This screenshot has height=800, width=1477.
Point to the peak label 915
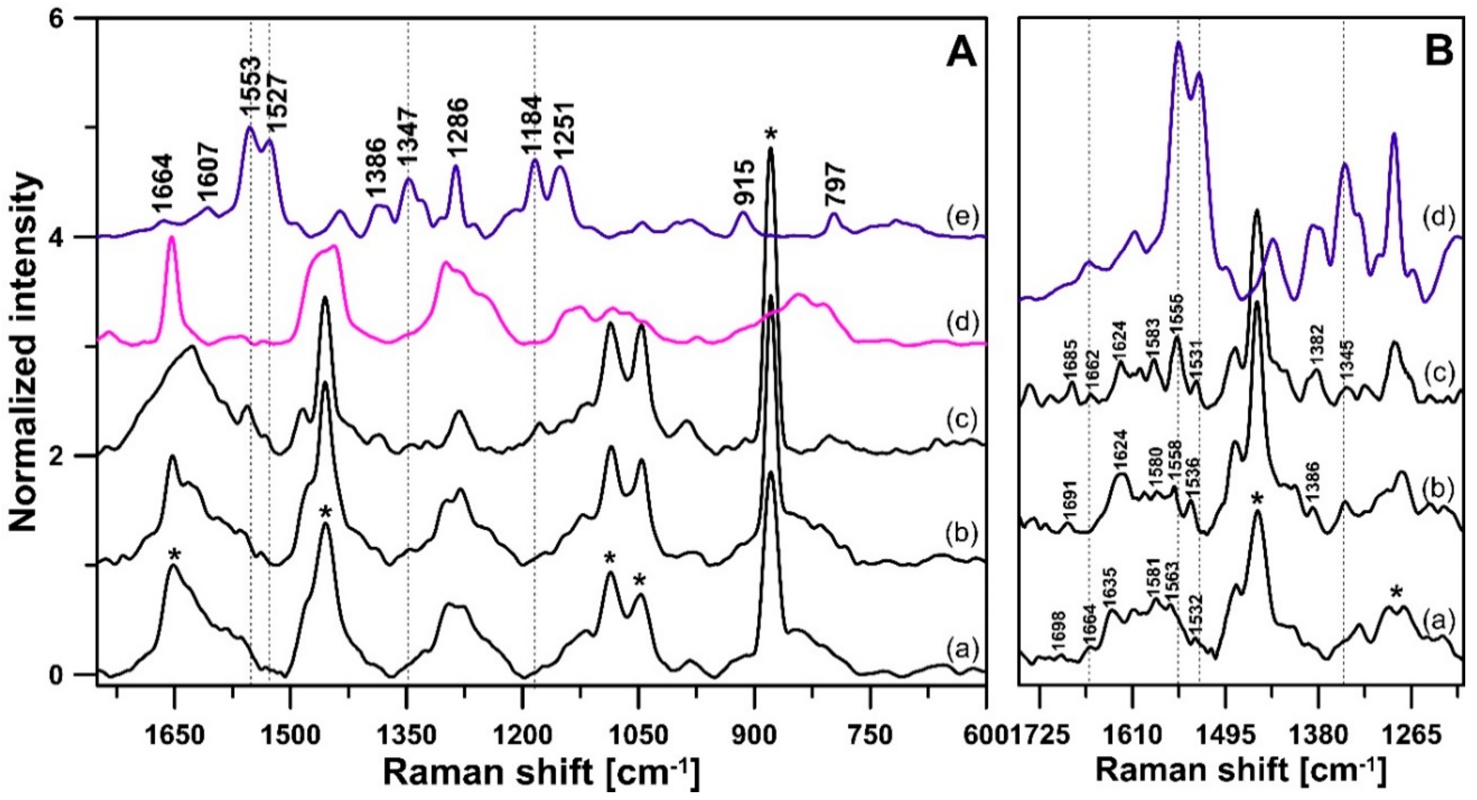tap(743, 185)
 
